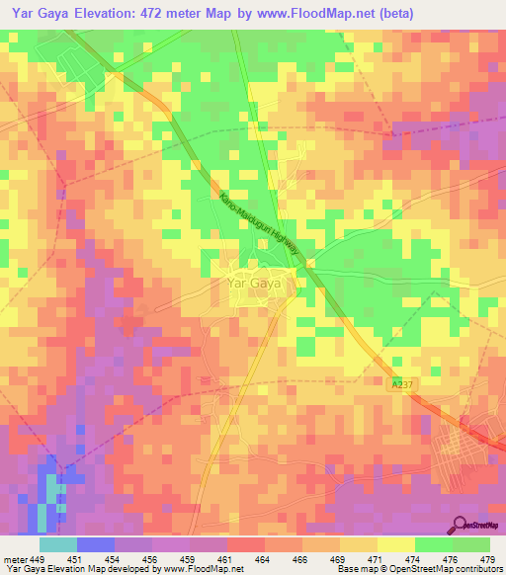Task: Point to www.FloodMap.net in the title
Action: coord(313,13)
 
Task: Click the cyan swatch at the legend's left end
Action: coord(58,544)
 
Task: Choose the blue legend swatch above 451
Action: coord(96,544)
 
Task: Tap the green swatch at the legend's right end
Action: coord(471,544)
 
